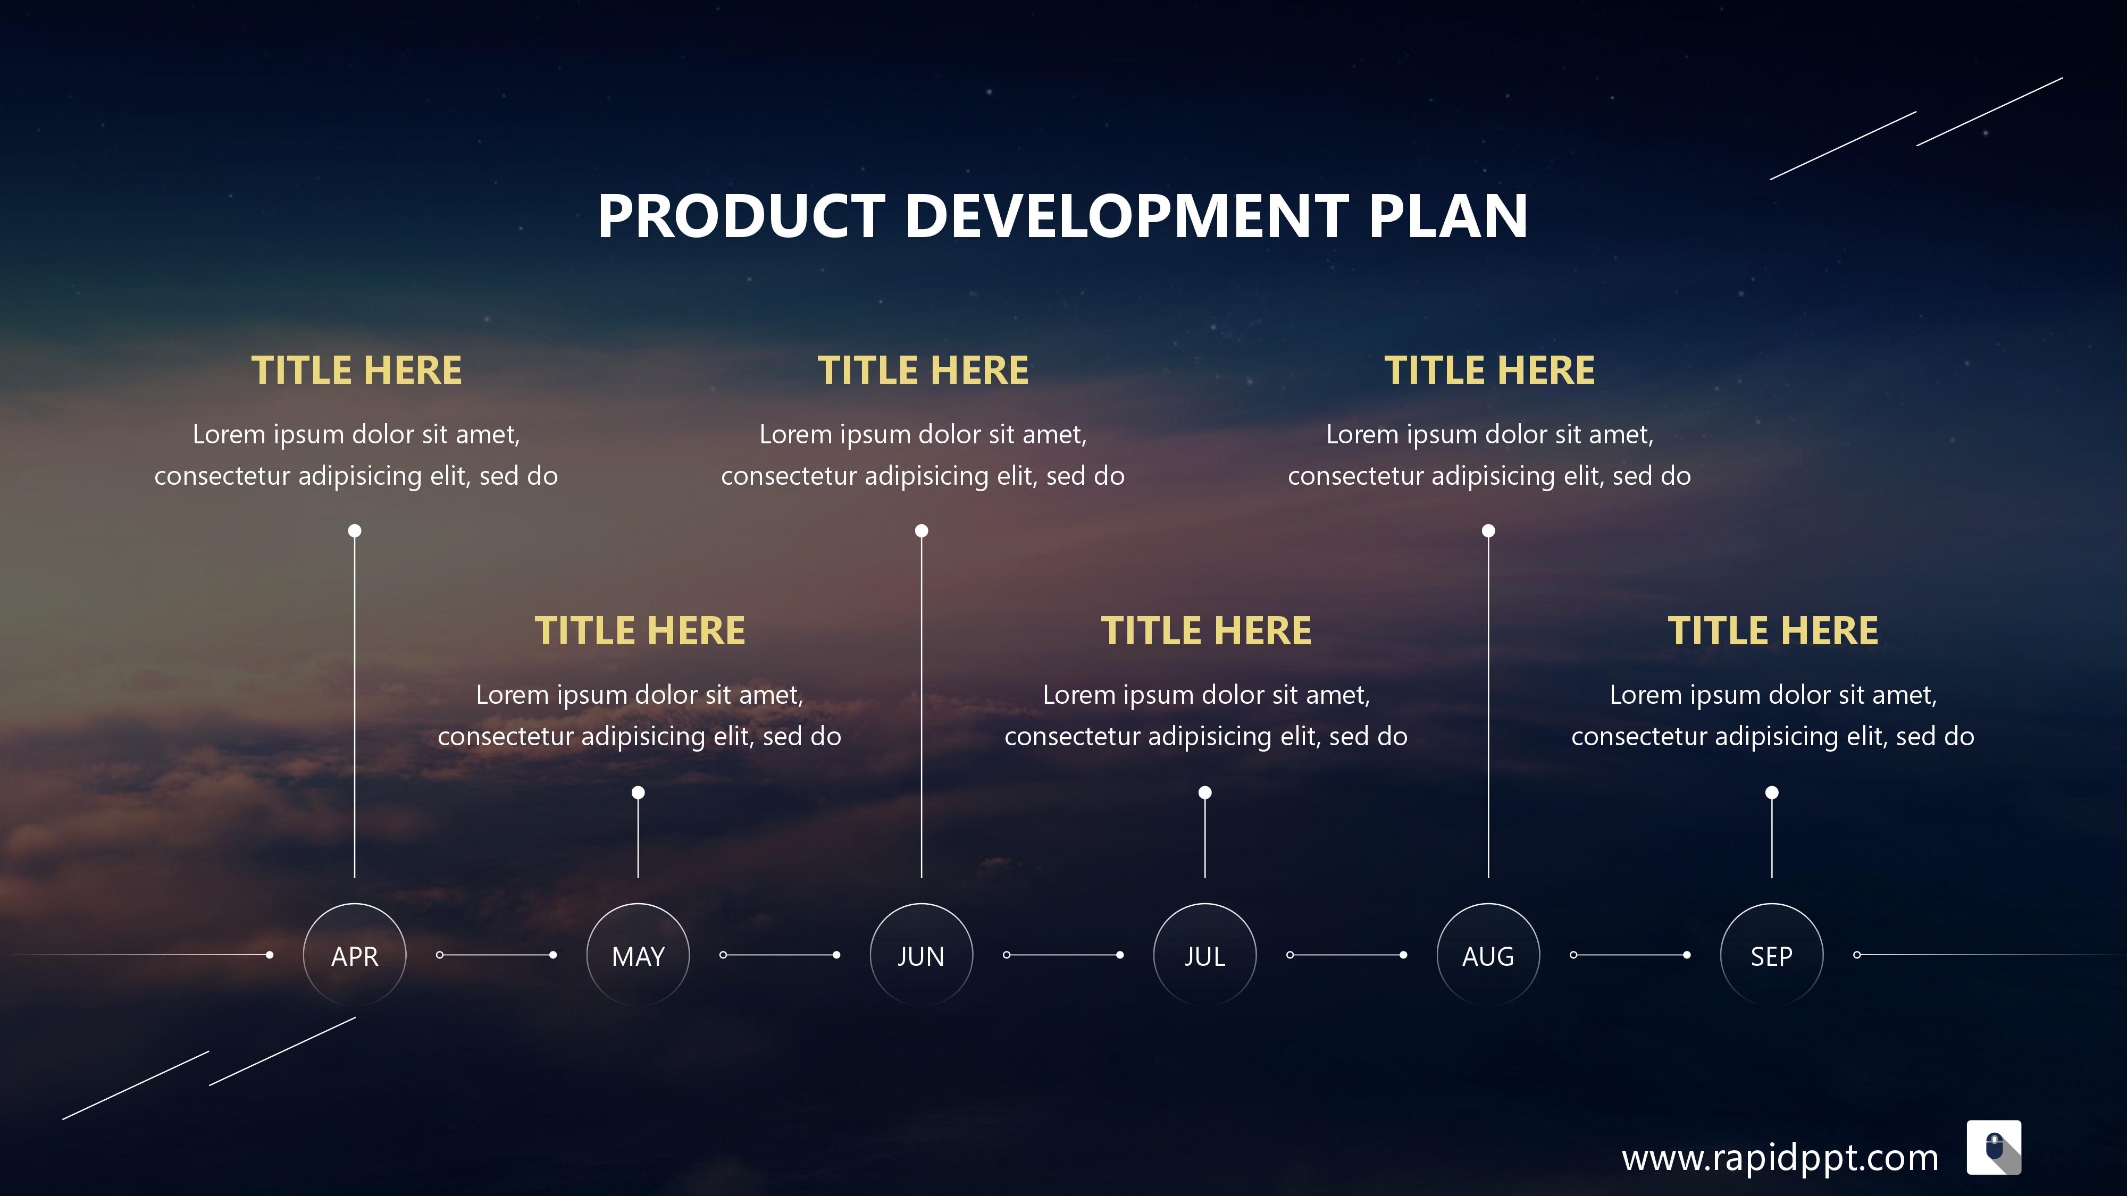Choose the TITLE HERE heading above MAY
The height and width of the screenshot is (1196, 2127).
[640, 630]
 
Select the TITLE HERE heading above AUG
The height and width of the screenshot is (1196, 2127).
[1489, 370]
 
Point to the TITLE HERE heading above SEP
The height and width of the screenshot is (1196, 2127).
[1773, 630]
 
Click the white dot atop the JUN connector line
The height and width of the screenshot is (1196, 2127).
[922, 530]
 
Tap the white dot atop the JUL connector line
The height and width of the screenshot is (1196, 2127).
[1205, 793]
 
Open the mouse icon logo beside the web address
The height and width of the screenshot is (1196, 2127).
[1994, 1147]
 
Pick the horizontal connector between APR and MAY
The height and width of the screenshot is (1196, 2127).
[496, 955]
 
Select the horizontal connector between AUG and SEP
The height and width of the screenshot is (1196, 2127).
[1630, 955]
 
